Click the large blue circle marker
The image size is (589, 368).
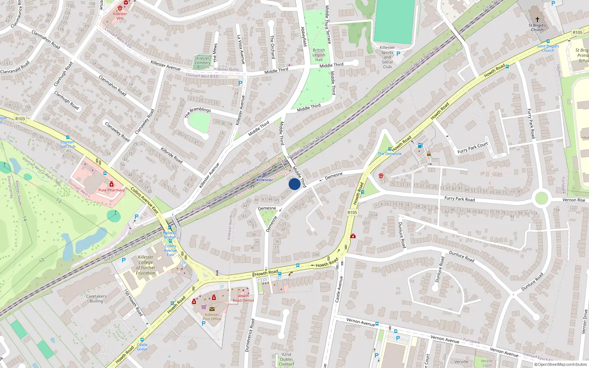[x=294, y=184]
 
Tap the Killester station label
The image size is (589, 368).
[x=264, y=180]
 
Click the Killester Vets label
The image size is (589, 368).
[x=120, y=16]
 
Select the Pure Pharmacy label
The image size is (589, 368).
[x=112, y=190]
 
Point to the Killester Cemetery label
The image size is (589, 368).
[x=202, y=61]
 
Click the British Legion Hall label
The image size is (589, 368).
[x=319, y=55]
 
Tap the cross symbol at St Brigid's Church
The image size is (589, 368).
[x=537, y=19]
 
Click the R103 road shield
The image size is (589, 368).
[x=20, y=118]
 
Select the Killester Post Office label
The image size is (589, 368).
[x=212, y=317]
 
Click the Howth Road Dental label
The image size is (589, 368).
[x=243, y=298]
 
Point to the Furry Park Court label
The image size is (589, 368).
[x=472, y=148]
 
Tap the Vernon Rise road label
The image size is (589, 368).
[x=574, y=200]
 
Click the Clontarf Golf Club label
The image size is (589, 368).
[x=67, y=144]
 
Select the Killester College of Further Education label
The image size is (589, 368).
[x=146, y=265]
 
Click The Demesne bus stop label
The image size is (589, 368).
[x=389, y=153]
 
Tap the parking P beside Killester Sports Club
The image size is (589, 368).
[x=398, y=54]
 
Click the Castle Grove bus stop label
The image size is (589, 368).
[x=142, y=347]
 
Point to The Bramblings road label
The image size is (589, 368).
[x=198, y=112]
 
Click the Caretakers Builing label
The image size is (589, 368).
[x=96, y=298]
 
